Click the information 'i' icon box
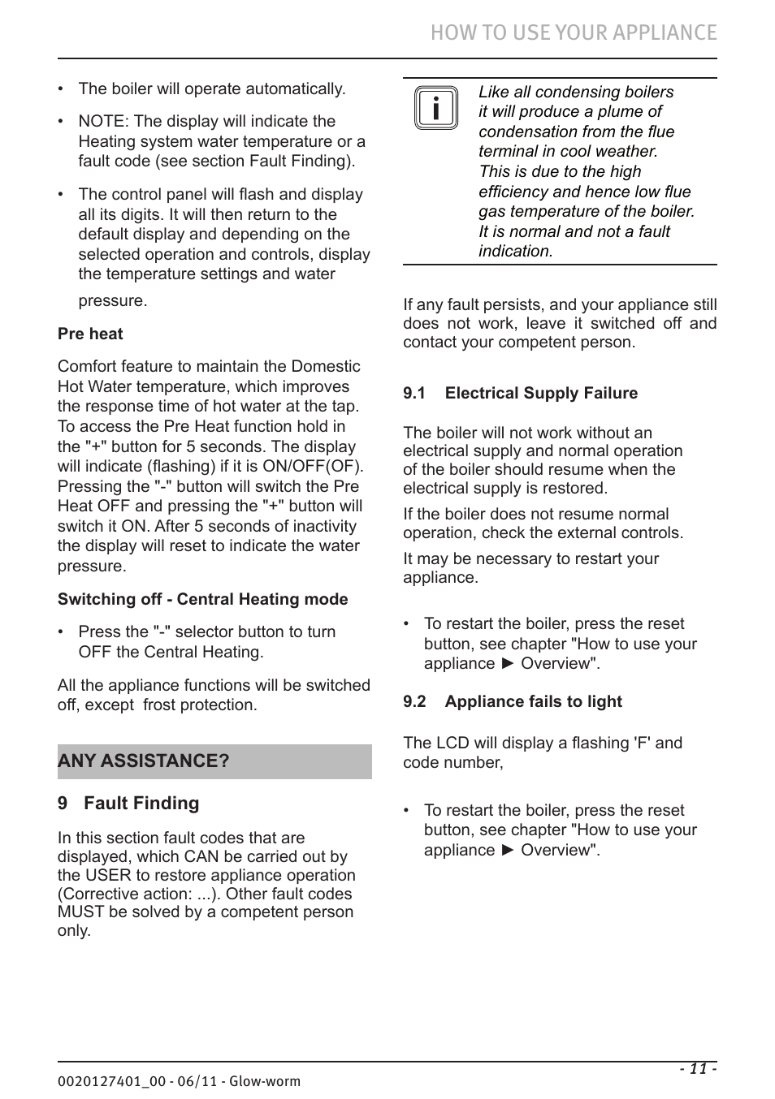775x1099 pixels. tap(436, 108)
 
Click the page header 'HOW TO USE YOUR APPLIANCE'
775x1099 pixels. tap(574, 32)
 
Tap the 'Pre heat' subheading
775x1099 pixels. tap(90, 334)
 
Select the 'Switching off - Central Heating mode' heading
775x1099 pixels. tap(202, 599)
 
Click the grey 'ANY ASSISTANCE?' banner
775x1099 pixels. tap(214, 761)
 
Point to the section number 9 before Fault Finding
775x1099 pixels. tap(63, 803)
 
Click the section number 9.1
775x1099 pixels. tap(414, 393)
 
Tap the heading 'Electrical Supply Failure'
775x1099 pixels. tap(541, 393)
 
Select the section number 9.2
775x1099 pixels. tap(414, 701)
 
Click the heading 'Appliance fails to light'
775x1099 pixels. tap(533, 701)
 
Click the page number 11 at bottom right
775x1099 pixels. tap(698, 1069)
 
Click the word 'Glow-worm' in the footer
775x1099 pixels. tap(265, 1081)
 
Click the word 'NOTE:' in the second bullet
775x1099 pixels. tap(104, 121)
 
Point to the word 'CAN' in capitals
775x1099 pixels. tap(202, 856)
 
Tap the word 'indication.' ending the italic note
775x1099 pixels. tap(516, 251)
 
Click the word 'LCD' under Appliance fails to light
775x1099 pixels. tap(449, 743)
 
